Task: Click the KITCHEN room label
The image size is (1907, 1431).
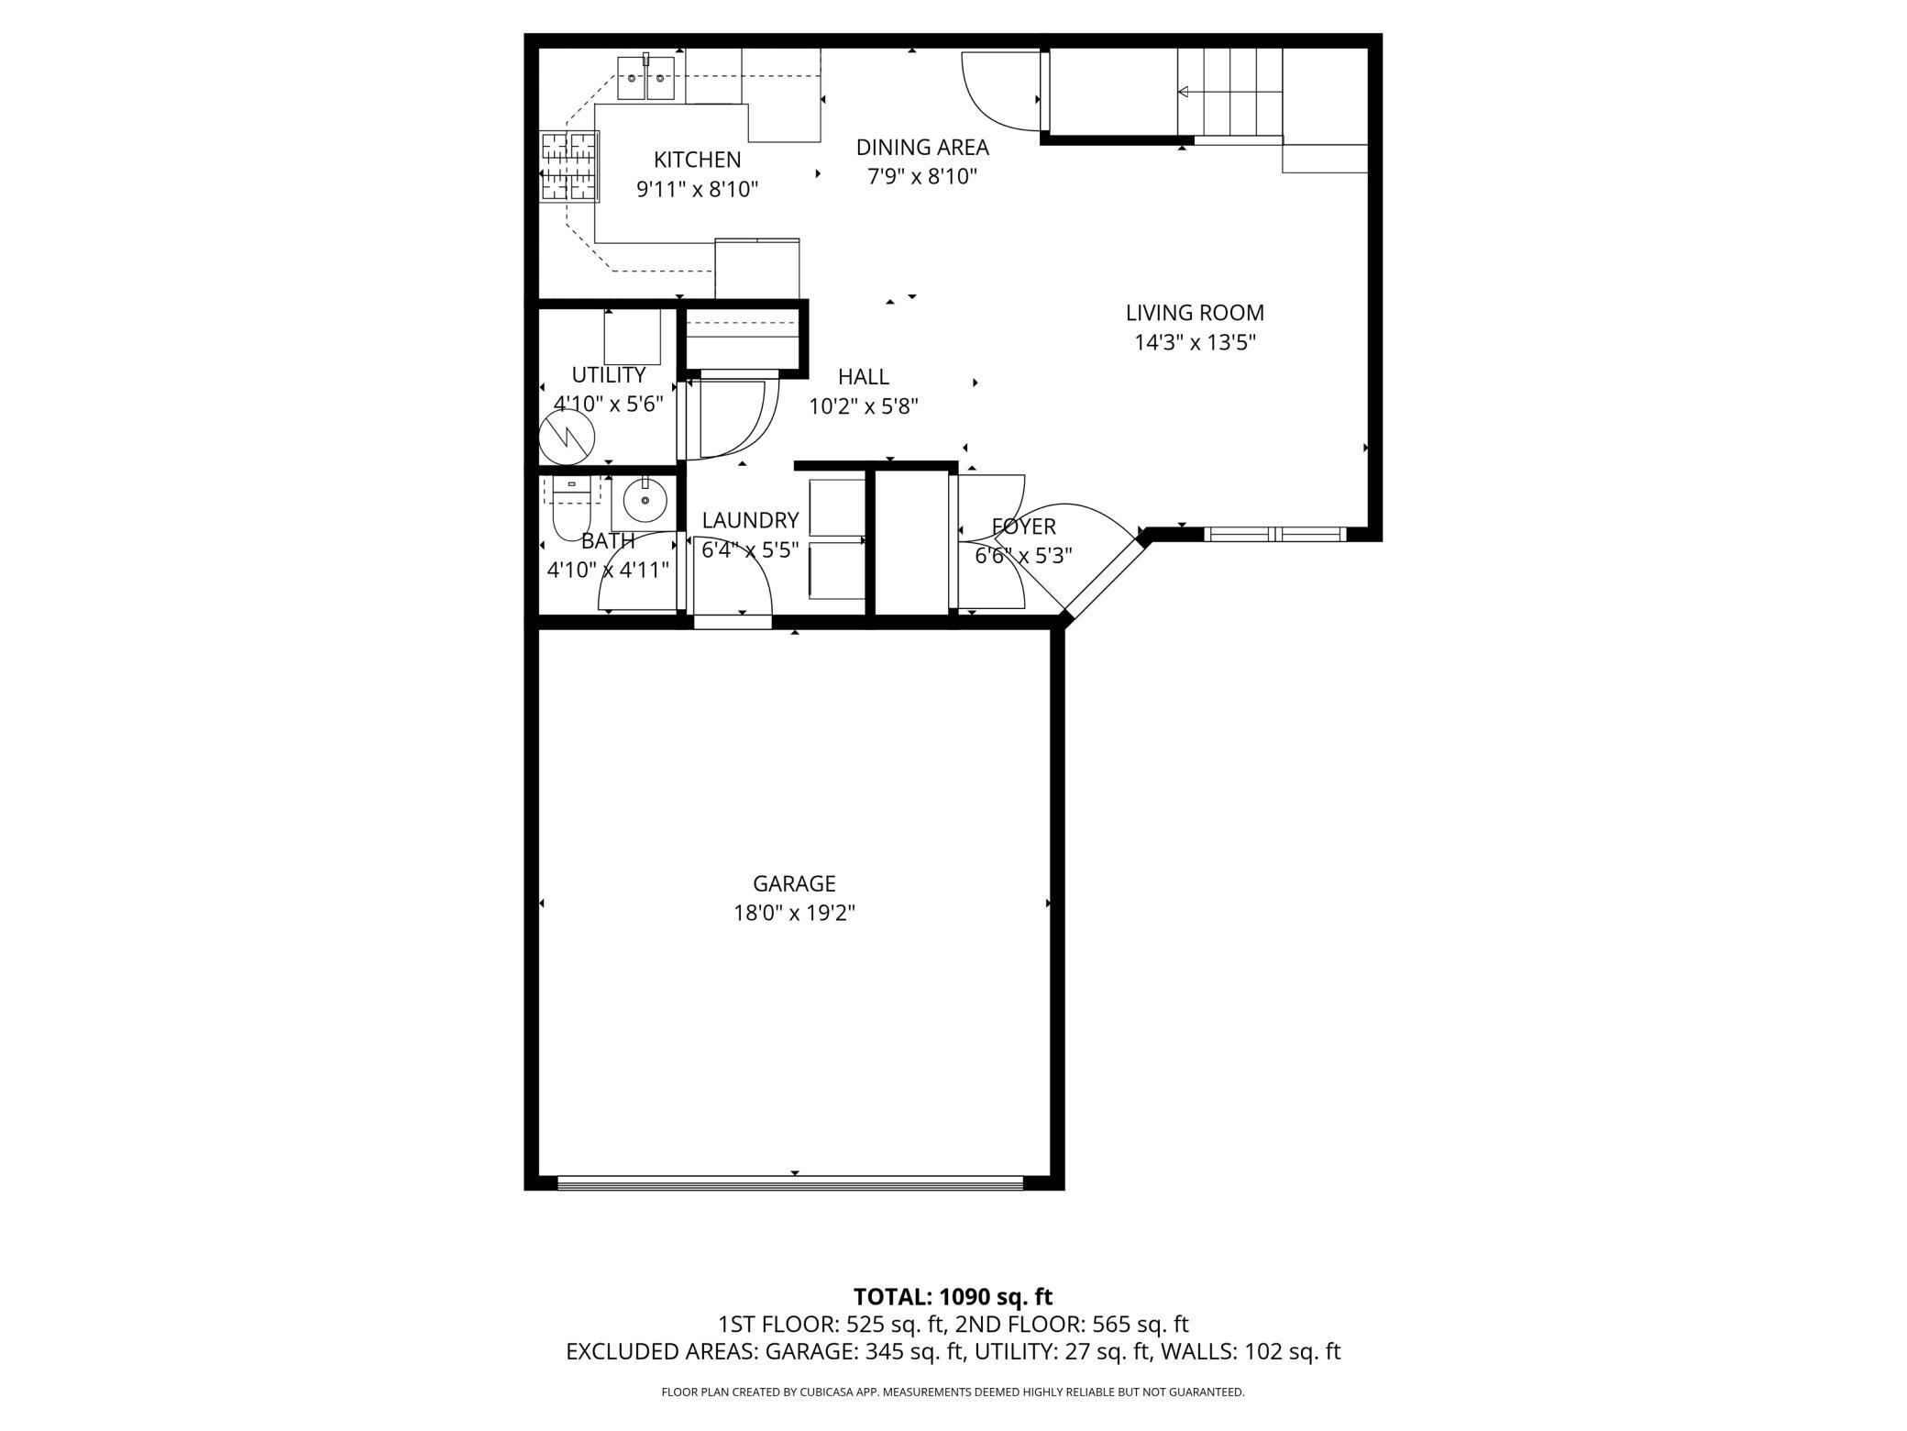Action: pos(697,160)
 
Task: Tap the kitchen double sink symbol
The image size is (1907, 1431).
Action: pos(645,78)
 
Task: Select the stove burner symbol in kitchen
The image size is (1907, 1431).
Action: pos(569,167)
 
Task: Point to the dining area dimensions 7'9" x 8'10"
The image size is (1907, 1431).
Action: pos(922,177)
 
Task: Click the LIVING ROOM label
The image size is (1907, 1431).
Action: pos(1195,313)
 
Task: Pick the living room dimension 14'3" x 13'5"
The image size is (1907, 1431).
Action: pos(1195,343)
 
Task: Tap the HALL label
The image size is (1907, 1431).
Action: pos(863,377)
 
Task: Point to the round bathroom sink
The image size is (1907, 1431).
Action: pos(645,501)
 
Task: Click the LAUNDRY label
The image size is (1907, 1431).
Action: pos(750,521)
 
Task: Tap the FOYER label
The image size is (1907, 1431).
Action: pos(1023,527)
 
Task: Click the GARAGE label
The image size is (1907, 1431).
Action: pos(794,883)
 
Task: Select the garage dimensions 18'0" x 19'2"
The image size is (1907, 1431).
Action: pos(794,914)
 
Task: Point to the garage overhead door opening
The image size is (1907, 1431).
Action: pos(789,1183)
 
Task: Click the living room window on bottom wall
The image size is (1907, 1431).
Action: pos(1274,534)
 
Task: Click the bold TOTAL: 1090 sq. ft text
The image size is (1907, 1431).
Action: pos(953,1297)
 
